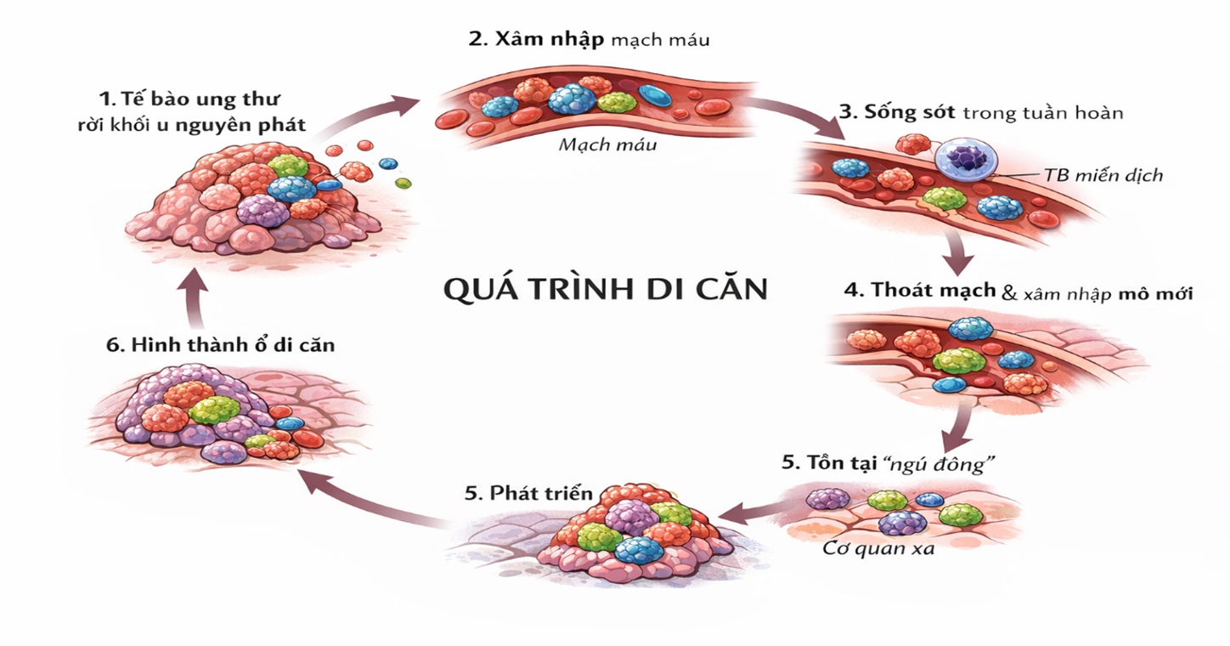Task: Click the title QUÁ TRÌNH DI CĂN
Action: (x=606, y=288)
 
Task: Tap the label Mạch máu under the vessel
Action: (x=607, y=144)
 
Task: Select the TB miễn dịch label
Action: (x=1103, y=176)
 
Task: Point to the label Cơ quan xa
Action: (x=878, y=548)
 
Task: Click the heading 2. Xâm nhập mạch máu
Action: (x=589, y=40)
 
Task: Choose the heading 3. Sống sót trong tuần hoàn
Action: (x=981, y=112)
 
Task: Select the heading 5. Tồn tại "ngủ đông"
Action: (x=888, y=463)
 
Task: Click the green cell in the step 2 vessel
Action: (x=617, y=103)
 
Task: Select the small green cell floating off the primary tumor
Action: (x=403, y=183)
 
